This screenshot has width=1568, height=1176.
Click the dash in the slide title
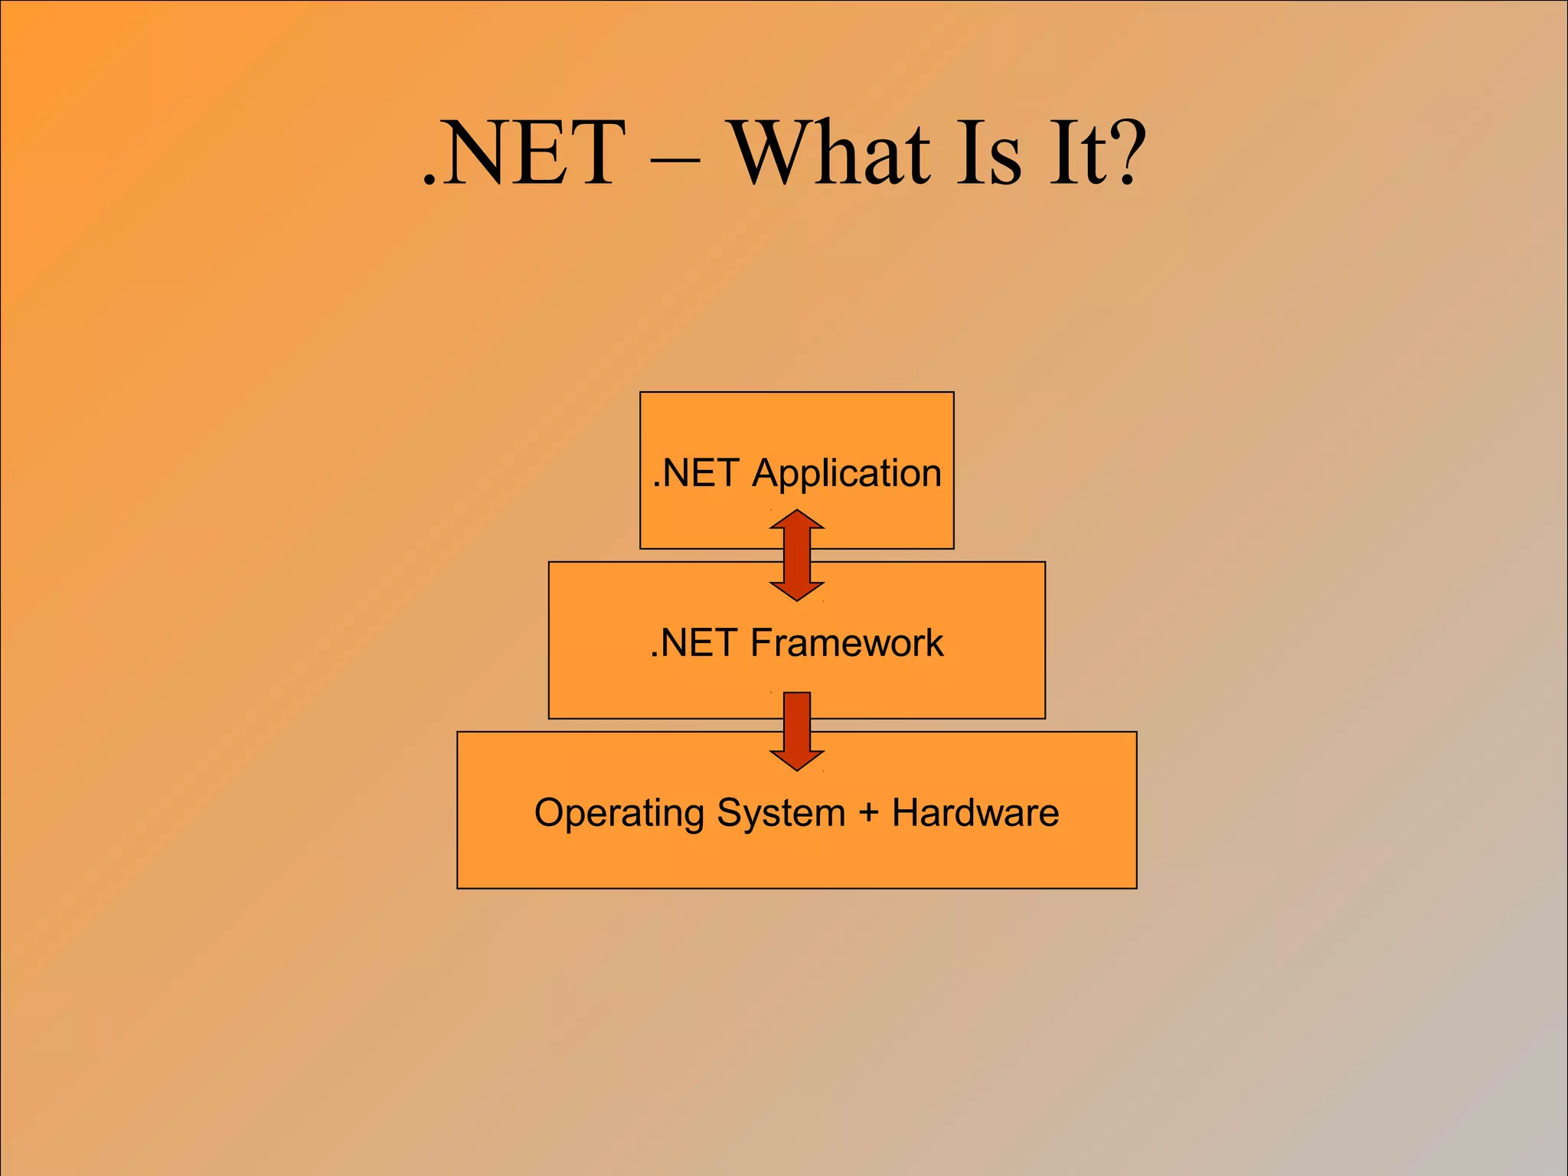(x=675, y=161)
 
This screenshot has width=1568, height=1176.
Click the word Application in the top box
(x=847, y=473)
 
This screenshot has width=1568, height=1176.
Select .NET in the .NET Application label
(x=695, y=473)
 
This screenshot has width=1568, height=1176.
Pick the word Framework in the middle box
(x=847, y=642)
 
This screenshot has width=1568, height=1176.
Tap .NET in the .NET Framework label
(x=693, y=642)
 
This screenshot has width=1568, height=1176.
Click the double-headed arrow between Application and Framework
(x=797, y=556)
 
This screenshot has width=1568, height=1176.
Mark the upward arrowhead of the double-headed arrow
(x=797, y=520)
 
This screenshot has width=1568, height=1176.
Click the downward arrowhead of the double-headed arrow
(x=797, y=590)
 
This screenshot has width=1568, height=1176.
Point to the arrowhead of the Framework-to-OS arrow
(x=797, y=759)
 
